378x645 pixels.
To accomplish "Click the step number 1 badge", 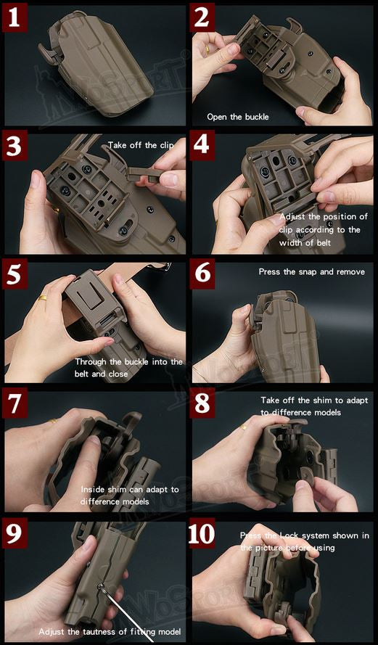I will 15,17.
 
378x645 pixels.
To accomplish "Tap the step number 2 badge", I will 203,17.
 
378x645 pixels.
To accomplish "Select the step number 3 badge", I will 15,146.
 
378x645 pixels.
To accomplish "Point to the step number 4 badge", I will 203,146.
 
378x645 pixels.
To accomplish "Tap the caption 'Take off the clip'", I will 141,145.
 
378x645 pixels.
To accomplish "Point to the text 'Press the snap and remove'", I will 311,272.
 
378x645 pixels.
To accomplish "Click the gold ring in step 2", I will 208,49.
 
